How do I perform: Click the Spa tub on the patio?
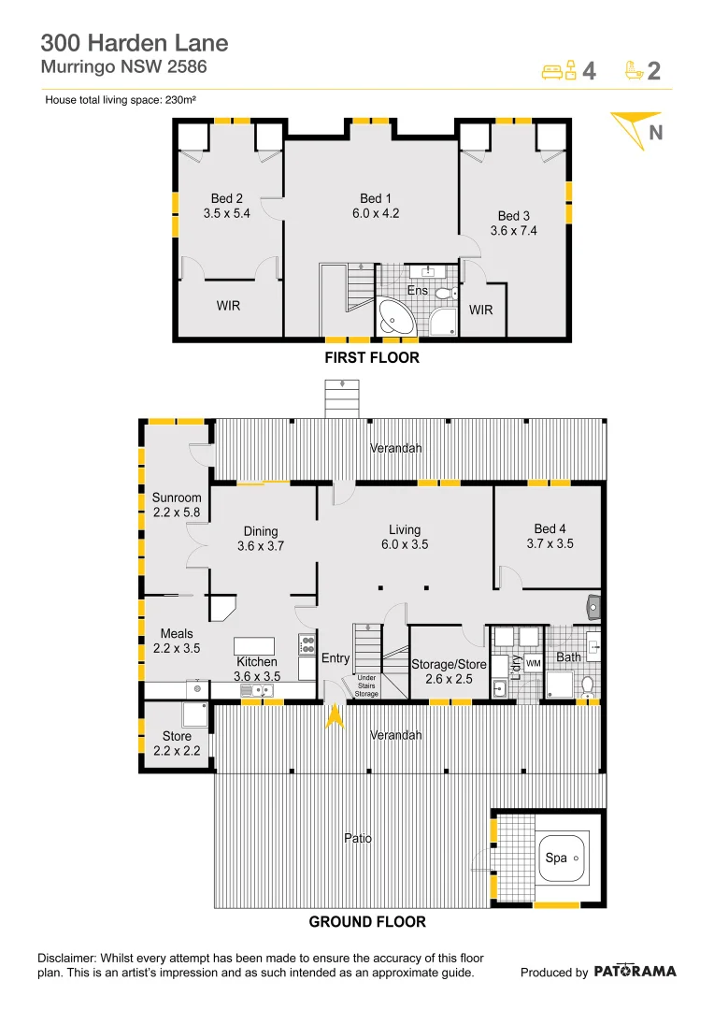[x=562, y=858]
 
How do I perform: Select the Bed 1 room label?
[x=376, y=206]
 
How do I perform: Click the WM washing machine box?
[x=533, y=663]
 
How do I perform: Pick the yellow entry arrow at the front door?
[x=335, y=716]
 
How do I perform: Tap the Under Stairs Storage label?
[x=366, y=685]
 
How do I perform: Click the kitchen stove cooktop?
[x=307, y=644]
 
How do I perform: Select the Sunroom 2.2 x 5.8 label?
[x=177, y=505]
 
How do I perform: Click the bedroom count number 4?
[x=589, y=71]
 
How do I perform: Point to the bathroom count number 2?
[x=653, y=71]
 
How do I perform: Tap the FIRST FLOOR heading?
[x=372, y=358]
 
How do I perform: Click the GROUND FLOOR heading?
[x=367, y=922]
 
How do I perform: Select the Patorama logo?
[x=635, y=972]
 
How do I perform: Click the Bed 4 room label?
[x=550, y=536]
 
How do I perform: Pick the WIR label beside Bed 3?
[x=480, y=310]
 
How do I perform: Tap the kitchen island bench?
[x=253, y=646]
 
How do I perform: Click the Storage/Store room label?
[x=449, y=671]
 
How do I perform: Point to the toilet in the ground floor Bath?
[x=587, y=687]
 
